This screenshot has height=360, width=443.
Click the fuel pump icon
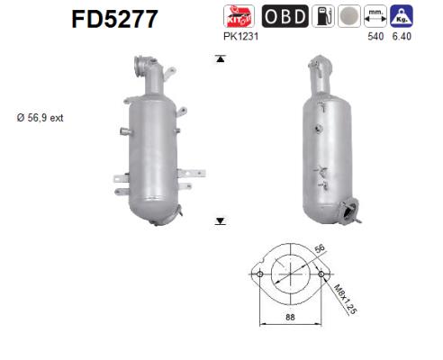coord(322,15)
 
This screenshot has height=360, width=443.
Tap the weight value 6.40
coord(402,37)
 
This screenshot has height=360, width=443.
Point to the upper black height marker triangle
coord(219,59)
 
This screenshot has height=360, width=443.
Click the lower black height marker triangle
coord(219,219)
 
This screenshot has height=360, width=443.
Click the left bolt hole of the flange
coord(259,274)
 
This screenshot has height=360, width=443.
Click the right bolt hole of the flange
coord(321,274)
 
